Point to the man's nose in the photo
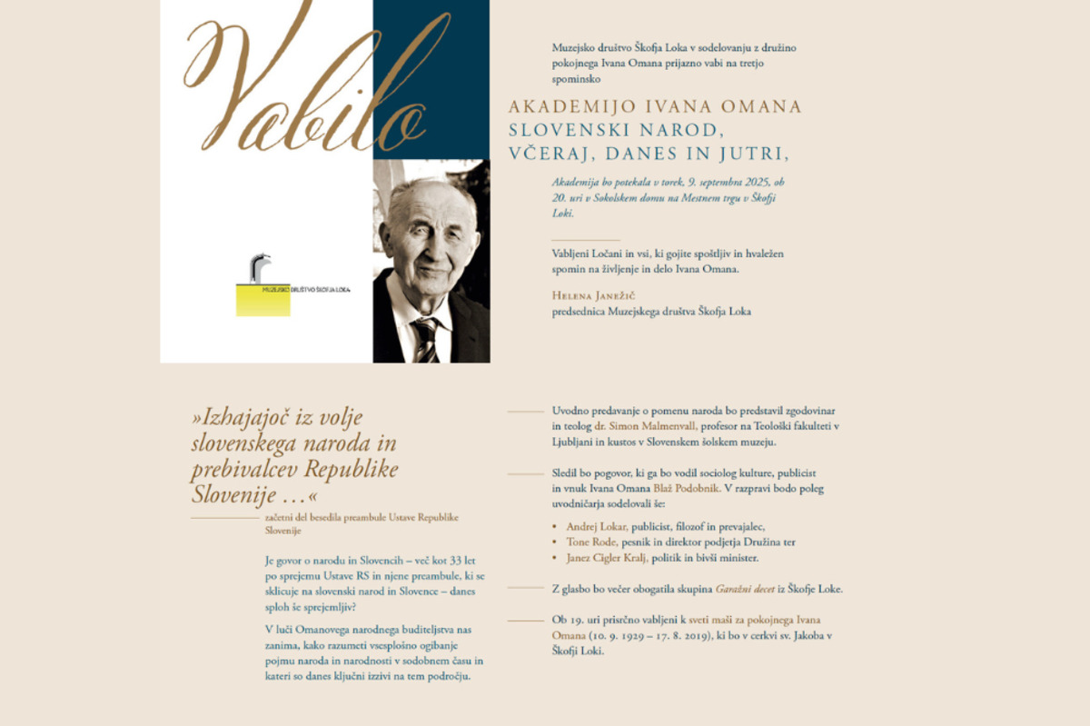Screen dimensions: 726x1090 pyautogui.click(x=431, y=249)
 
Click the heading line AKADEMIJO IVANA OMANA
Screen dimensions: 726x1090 pyautogui.click(x=654, y=107)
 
